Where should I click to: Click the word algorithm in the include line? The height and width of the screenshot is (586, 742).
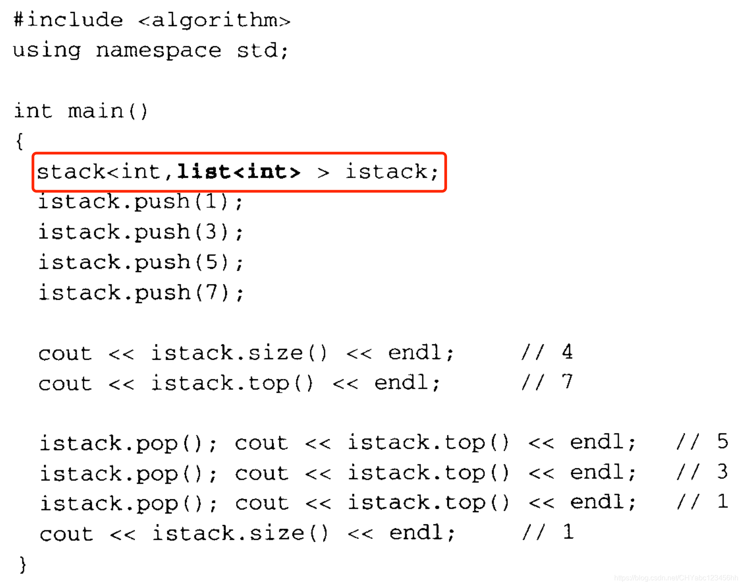[x=215, y=20]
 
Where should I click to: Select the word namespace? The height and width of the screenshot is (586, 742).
[x=159, y=50]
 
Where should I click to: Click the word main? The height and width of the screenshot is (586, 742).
[x=96, y=111]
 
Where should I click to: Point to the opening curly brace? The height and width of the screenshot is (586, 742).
[x=19, y=141]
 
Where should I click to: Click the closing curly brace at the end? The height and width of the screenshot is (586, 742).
[x=23, y=564]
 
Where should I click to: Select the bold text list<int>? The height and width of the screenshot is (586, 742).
[x=239, y=172]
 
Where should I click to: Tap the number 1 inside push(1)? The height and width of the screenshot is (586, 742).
[x=211, y=201]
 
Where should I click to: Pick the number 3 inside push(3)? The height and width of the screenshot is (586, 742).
[x=211, y=232]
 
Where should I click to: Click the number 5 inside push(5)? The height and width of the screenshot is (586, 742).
[x=211, y=262]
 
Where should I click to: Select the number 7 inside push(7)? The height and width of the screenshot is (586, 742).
[x=211, y=293]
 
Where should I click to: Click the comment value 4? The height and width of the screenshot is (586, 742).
[x=567, y=352]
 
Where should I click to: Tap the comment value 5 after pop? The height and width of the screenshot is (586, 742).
[x=722, y=442]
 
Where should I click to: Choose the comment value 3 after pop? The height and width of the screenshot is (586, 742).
[x=722, y=472]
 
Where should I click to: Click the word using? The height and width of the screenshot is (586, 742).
[x=47, y=50]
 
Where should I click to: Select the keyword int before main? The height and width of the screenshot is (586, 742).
[x=33, y=111]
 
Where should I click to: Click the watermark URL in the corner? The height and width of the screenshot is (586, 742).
[x=676, y=578]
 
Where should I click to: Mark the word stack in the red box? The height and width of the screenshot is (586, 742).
[x=71, y=172]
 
